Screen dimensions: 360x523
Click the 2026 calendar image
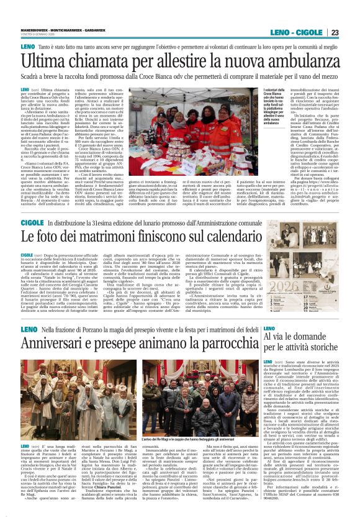pyautogui.click(x=310, y=286)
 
